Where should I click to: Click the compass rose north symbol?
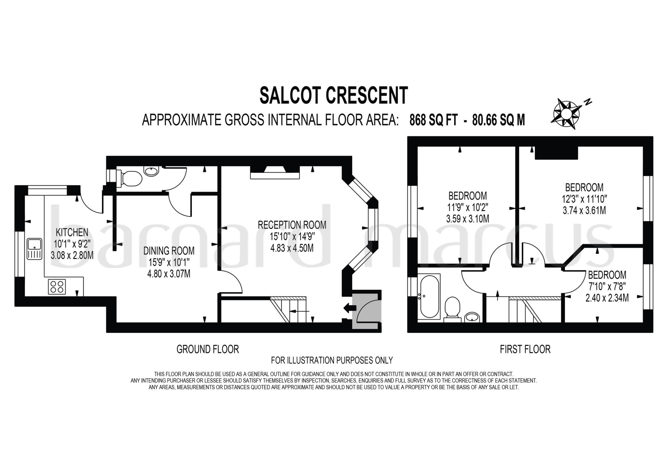(x=567, y=114)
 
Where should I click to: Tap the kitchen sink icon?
(x=35, y=249)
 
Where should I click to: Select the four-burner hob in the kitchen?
(x=57, y=287)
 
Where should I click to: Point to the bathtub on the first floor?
(x=429, y=296)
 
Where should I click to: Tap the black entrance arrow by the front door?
(x=350, y=307)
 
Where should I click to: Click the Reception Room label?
(x=292, y=225)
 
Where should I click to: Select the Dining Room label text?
(x=169, y=250)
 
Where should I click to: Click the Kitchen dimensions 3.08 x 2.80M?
(x=72, y=255)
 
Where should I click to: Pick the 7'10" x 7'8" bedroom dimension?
(x=607, y=286)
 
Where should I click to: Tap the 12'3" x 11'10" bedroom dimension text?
(x=584, y=199)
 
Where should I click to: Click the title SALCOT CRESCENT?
(x=334, y=95)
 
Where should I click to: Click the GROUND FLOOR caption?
(x=208, y=349)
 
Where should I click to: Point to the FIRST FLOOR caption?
(x=525, y=349)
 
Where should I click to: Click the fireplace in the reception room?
(x=275, y=172)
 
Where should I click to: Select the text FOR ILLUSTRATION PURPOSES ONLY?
(x=332, y=360)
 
